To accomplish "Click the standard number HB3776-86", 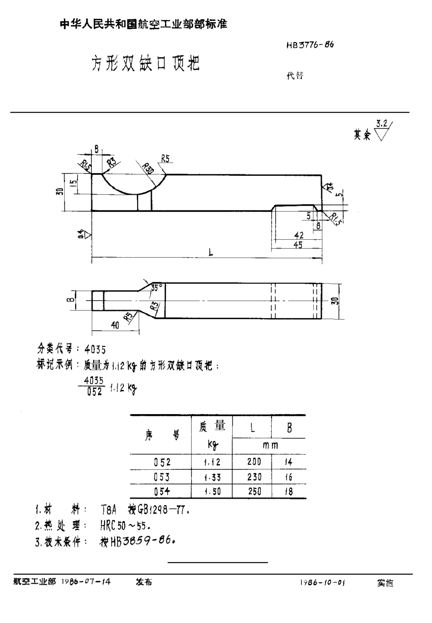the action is click(310, 46).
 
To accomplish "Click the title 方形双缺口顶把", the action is click(145, 63).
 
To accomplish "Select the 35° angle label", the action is click(156, 287).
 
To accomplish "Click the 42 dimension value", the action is click(298, 234).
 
